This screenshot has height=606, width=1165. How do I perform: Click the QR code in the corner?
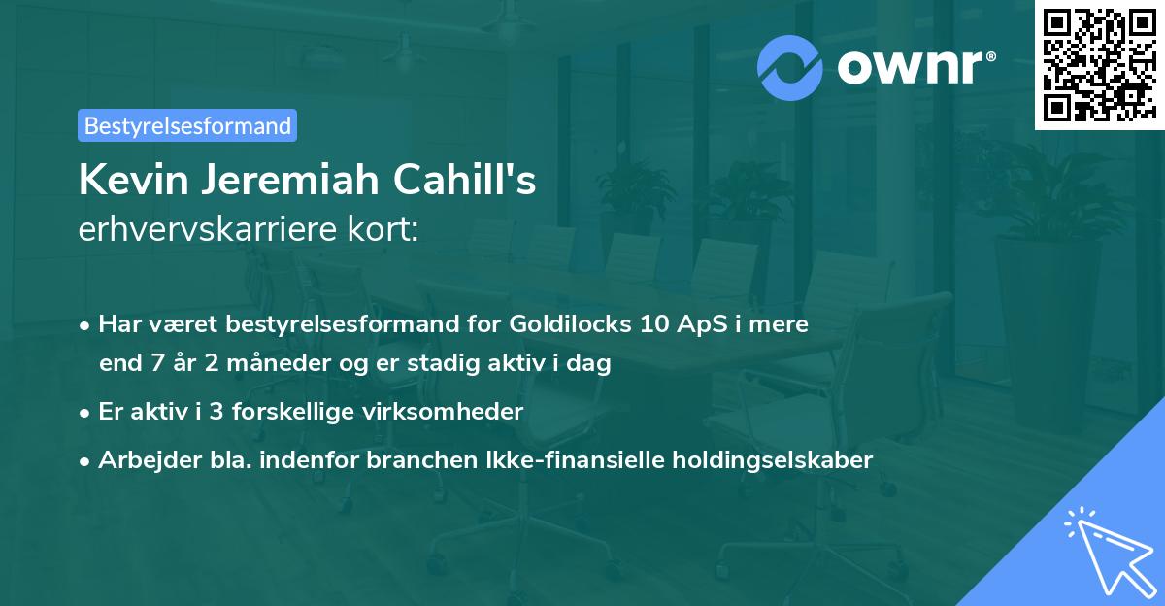click(1099, 64)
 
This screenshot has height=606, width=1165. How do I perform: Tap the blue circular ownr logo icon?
click(790, 68)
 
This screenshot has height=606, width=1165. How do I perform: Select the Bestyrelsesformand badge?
click(187, 125)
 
